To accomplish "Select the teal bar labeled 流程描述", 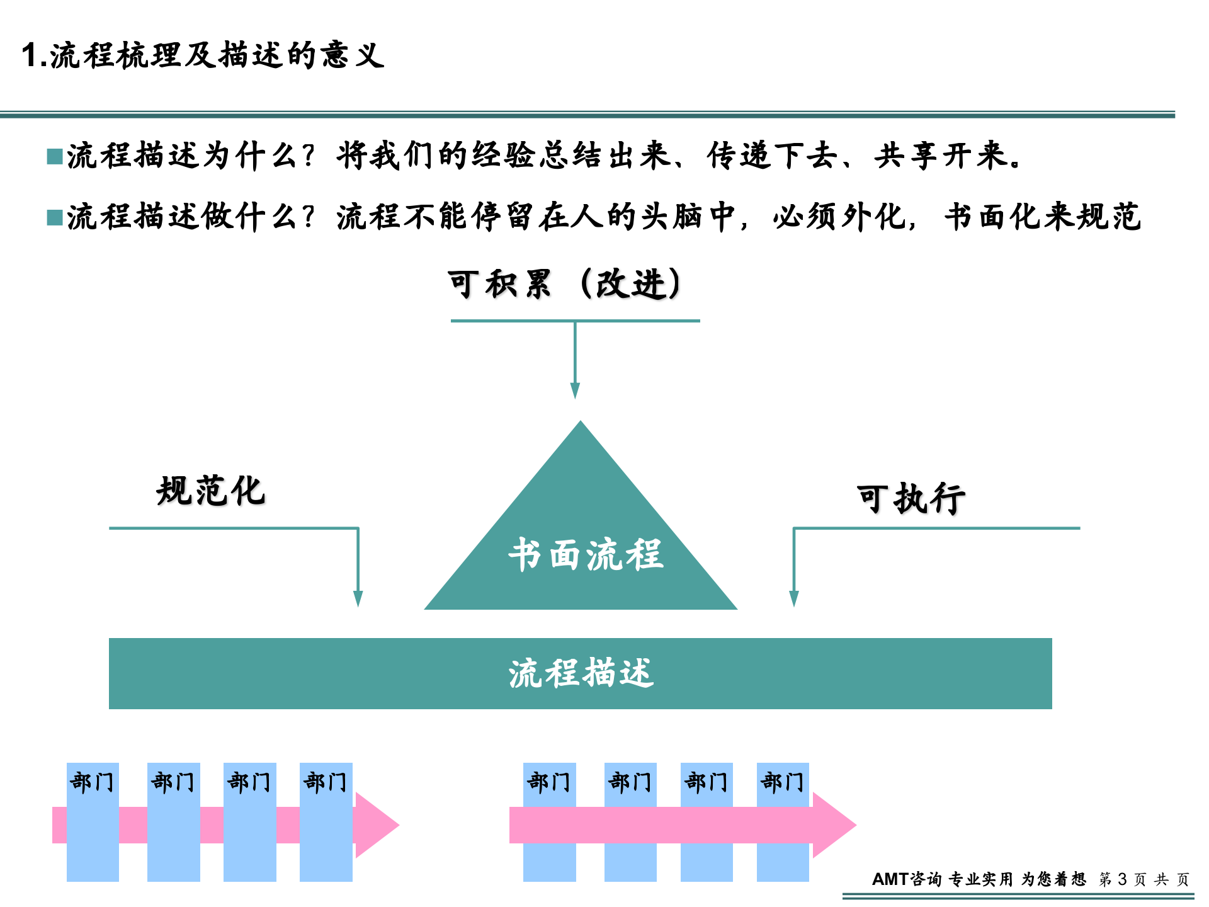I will point(580,673).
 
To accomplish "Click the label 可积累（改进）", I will point(564,284).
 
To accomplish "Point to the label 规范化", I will point(210,491).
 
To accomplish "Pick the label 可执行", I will point(911,499).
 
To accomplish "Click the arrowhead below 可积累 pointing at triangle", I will point(575,391).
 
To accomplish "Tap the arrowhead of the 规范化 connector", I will point(358,598).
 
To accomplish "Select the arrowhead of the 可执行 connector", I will point(794,598).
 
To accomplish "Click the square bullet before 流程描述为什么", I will point(55,156).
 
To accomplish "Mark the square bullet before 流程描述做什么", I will point(55,218).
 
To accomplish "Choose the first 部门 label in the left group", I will point(93,782).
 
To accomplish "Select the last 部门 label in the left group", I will point(326,782).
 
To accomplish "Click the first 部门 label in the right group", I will point(549,782).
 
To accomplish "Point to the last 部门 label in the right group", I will point(783,782).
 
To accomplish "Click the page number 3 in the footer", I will point(1122,879).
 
